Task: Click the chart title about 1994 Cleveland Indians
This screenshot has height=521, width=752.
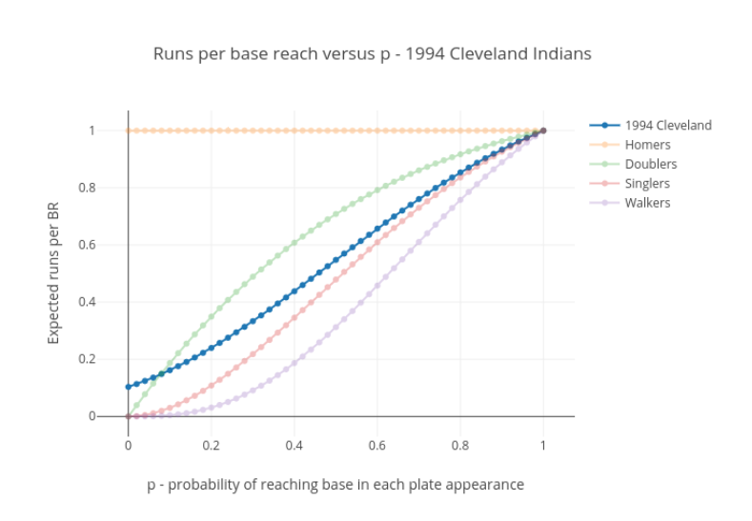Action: click(x=372, y=53)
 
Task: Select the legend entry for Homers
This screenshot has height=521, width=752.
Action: click(x=647, y=145)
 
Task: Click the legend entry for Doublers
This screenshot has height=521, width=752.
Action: click(x=651, y=164)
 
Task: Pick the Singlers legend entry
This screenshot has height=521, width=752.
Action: click(x=647, y=183)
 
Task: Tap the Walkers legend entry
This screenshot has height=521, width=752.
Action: click(x=647, y=202)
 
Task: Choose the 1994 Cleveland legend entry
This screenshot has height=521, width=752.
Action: click(x=667, y=125)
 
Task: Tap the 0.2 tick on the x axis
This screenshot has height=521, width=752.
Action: click(x=211, y=444)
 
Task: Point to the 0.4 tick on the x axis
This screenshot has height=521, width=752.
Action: click(x=294, y=444)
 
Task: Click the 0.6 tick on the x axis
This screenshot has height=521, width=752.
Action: click(x=377, y=444)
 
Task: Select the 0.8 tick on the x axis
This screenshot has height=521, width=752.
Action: click(x=460, y=444)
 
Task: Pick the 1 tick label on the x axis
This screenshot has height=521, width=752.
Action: click(x=543, y=444)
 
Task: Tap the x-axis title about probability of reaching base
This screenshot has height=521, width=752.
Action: click(x=335, y=484)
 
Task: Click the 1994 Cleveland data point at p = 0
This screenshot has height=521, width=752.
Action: click(x=128, y=387)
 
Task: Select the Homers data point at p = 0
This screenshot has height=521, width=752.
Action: click(x=128, y=130)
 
